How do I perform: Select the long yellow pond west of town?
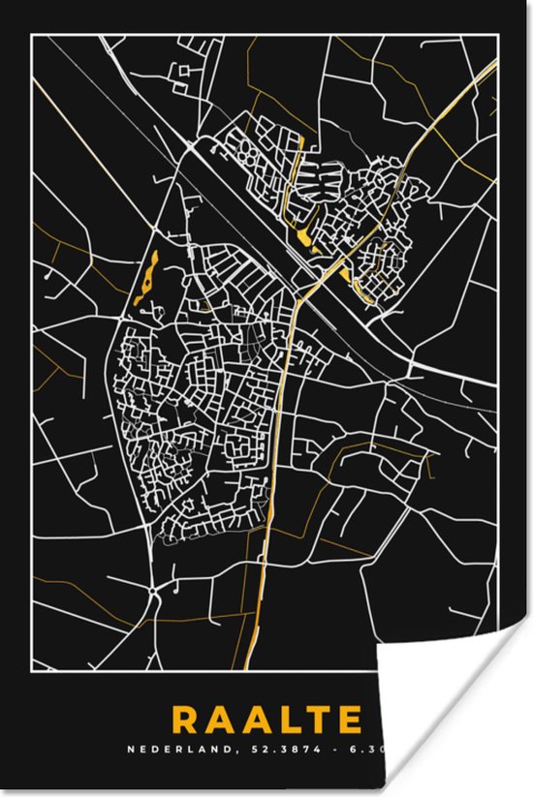[146, 279]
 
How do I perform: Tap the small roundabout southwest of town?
[154, 588]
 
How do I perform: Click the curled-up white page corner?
[455, 717]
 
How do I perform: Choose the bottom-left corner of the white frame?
[33, 670]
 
